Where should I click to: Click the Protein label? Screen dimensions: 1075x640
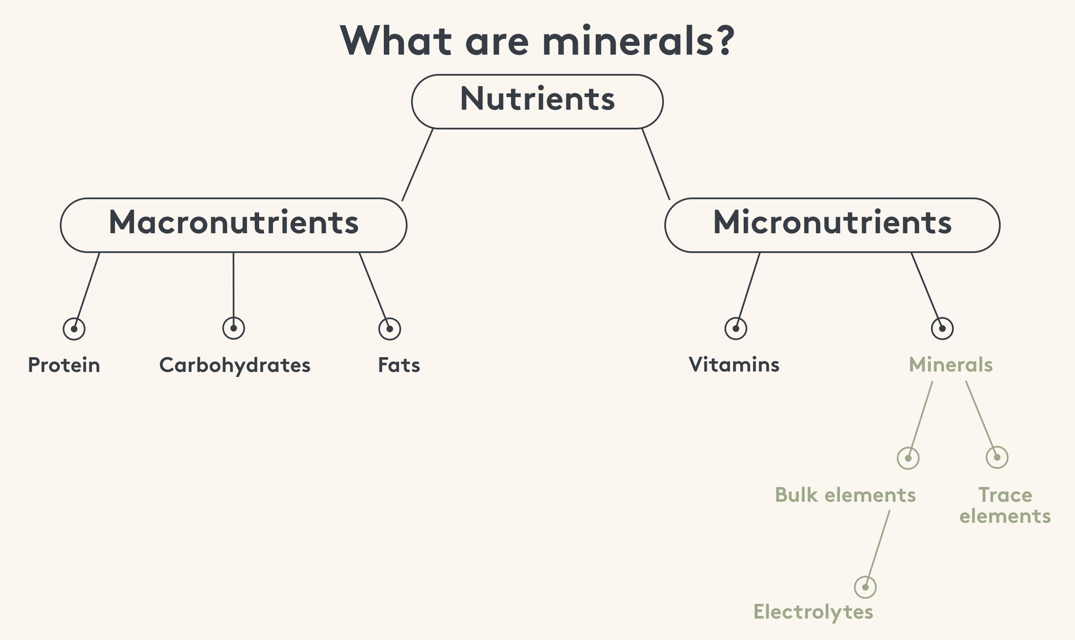[64, 365]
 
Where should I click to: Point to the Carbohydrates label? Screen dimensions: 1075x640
[235, 365]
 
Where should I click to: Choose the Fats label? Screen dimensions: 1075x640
[399, 365]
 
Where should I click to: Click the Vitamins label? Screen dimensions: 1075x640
[734, 365]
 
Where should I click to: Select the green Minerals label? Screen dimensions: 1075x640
[951, 365]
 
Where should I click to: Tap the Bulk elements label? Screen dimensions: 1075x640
[845, 495]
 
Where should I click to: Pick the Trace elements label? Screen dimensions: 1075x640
[1005, 506]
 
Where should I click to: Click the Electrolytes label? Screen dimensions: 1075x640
[813, 611]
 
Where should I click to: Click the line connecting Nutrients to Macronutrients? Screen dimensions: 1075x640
[418, 165]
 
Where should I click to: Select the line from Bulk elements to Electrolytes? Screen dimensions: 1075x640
[878, 548]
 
